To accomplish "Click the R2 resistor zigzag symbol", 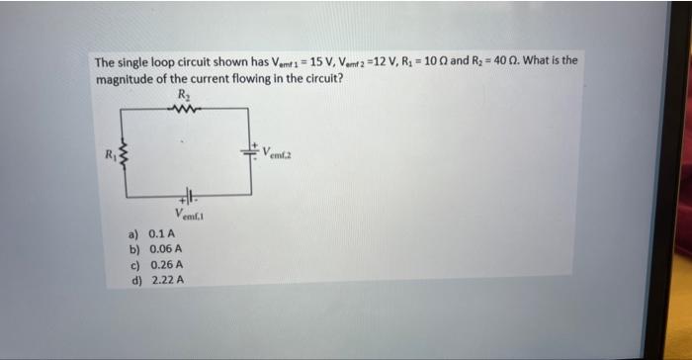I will (184, 111).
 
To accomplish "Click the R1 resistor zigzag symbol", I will (123, 156).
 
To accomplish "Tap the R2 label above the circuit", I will (183, 94).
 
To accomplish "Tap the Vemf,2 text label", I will (278, 153).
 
